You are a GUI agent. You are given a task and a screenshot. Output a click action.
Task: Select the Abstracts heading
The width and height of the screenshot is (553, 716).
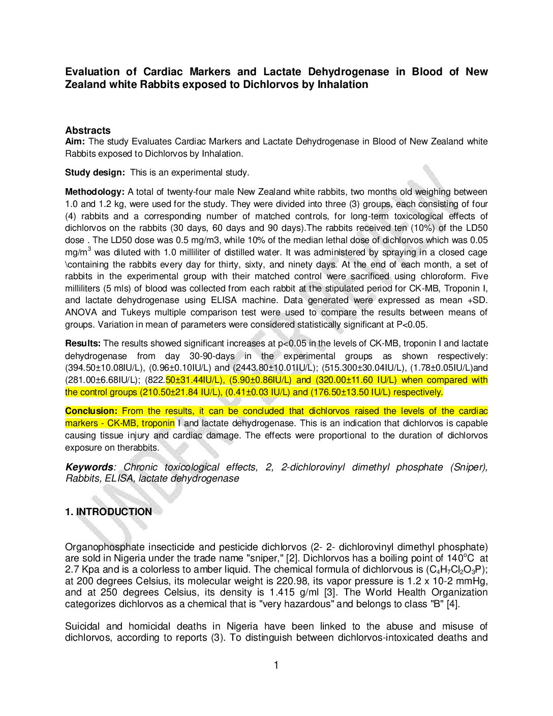click(x=87, y=130)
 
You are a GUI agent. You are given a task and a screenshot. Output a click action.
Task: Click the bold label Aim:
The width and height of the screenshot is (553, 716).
click(x=75, y=141)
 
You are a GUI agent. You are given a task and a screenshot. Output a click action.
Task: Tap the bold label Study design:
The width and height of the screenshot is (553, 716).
click(x=95, y=172)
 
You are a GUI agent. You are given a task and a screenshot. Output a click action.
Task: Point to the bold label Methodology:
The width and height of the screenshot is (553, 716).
click(x=95, y=192)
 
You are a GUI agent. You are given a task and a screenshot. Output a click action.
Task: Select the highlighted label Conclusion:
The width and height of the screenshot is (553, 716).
click(x=91, y=411)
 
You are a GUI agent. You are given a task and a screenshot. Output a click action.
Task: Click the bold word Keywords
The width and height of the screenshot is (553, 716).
click(x=89, y=467)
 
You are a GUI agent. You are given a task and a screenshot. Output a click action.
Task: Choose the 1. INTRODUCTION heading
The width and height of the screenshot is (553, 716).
click(x=108, y=512)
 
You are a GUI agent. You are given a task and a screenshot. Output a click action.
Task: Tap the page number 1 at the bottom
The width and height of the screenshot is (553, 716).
click(x=276, y=665)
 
